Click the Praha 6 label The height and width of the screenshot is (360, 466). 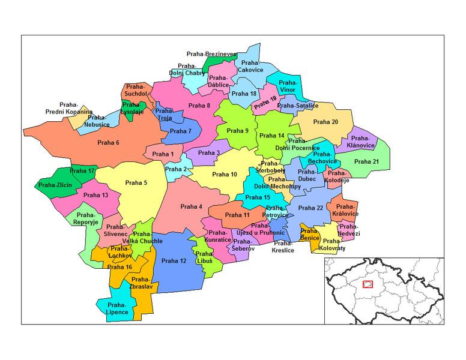pyautogui.click(x=108, y=142)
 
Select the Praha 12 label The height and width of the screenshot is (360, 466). pyautogui.click(x=174, y=260)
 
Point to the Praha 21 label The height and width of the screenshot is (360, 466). pyautogui.click(x=366, y=161)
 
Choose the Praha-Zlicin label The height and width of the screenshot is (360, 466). pyautogui.click(x=55, y=185)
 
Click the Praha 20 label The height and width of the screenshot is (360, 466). pyautogui.click(x=326, y=122)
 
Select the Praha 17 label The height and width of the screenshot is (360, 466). pyautogui.click(x=83, y=172)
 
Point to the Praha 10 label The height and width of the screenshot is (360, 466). pyautogui.click(x=225, y=175)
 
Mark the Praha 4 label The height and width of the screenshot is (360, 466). pyautogui.click(x=192, y=207)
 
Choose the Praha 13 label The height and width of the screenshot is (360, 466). pyautogui.click(x=96, y=195)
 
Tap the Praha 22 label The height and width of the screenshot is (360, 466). pyautogui.click(x=312, y=208)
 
